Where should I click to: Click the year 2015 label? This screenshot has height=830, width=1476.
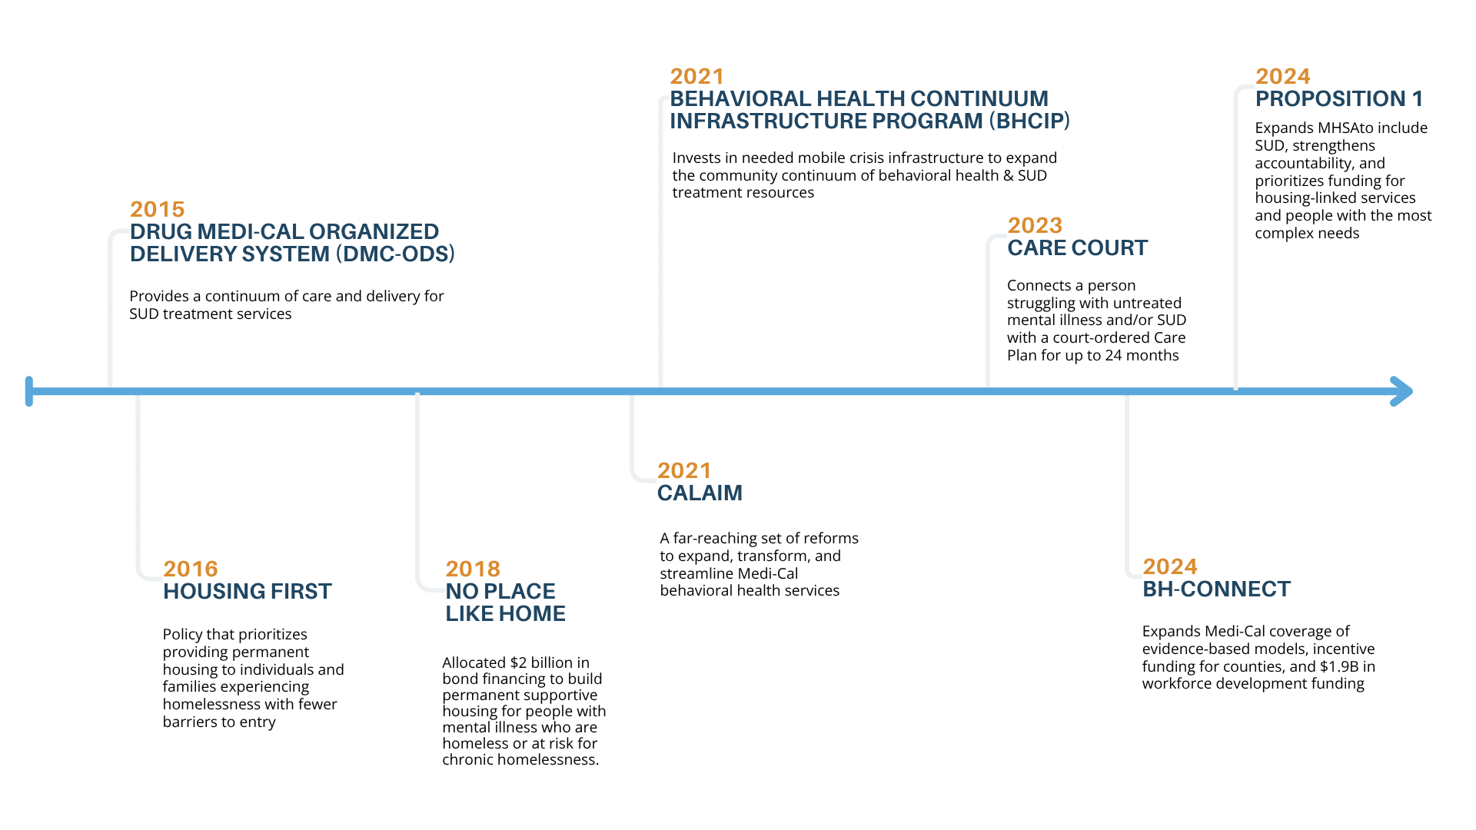pyautogui.click(x=158, y=209)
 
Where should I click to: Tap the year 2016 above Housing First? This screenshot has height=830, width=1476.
pyautogui.click(x=191, y=569)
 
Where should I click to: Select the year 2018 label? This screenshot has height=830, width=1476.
pyautogui.click(x=473, y=569)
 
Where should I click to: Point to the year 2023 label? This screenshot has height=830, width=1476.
pyautogui.click(x=1035, y=225)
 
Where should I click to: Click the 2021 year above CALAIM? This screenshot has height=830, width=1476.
pyautogui.click(x=684, y=470)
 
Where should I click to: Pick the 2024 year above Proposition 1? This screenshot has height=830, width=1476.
pyautogui.click(x=1283, y=76)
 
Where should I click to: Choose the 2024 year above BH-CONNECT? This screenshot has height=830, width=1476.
pyautogui.click(x=1170, y=566)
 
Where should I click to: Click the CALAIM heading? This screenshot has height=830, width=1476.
pyautogui.click(x=700, y=493)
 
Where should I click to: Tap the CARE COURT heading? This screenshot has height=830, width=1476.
pyautogui.click(x=1077, y=247)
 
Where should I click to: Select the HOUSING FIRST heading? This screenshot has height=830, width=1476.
pyautogui.click(x=248, y=591)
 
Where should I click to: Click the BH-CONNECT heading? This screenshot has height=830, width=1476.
pyautogui.click(x=1216, y=589)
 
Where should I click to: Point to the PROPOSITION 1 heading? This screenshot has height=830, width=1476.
pyautogui.click(x=1339, y=98)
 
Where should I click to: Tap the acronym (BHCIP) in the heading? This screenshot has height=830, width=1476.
pyautogui.click(x=1029, y=121)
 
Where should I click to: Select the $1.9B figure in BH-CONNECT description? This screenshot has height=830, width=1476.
pyautogui.click(x=1340, y=666)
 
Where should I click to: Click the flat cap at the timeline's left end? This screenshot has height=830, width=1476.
pyautogui.click(x=29, y=391)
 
